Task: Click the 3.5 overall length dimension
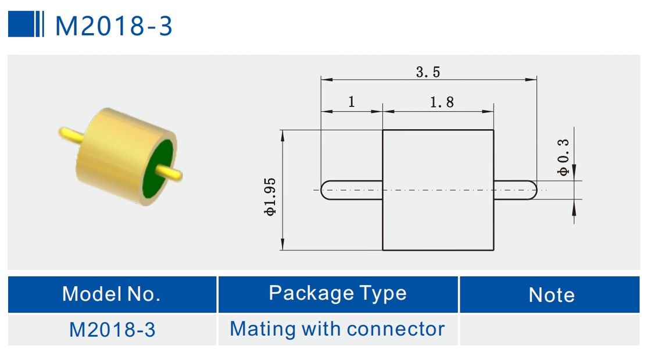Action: pos(428,72)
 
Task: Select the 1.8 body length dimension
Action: pos(441,103)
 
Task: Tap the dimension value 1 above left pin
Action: pos(352,102)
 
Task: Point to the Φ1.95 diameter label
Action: pos(270,197)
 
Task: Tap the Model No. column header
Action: pos(112,294)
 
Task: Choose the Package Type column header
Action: pos(338,293)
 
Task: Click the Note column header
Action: pos(551,295)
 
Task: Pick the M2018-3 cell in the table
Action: pos(112,330)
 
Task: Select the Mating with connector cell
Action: pos(337,329)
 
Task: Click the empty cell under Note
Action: pos(549,330)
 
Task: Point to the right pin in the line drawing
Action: pos(515,190)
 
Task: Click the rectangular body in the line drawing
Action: pos(438,190)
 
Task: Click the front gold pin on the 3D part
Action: pos(171,173)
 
